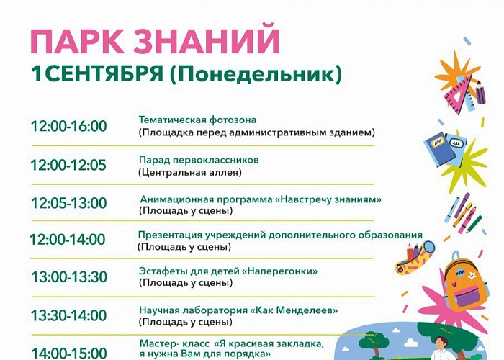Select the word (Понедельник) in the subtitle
256,75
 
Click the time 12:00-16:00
69,126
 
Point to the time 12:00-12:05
68,165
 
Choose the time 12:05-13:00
69,203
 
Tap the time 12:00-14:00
68,240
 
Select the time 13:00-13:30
69,276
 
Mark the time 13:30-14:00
69,315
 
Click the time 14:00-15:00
69,354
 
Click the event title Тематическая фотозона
198,120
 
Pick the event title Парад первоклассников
199,160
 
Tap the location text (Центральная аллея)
190,173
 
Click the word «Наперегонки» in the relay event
279,271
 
